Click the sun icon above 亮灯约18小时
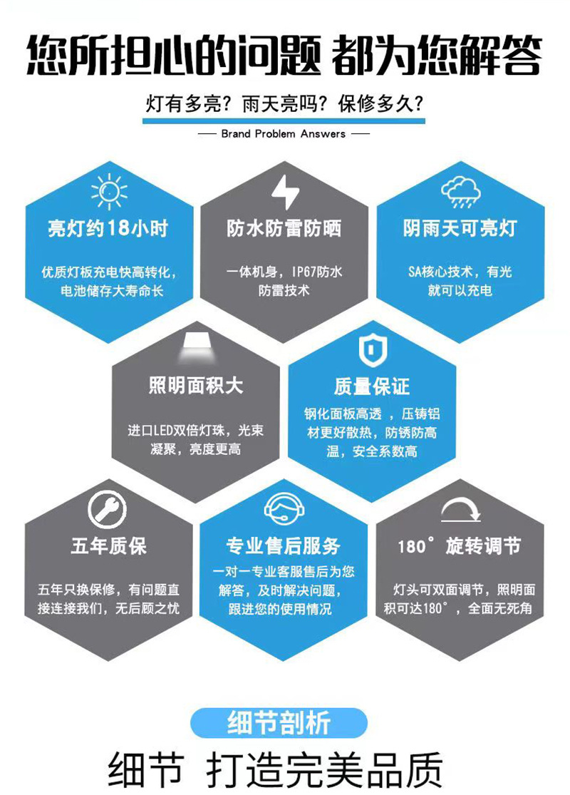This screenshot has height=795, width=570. click(109, 190)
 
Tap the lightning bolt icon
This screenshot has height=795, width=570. click(285, 191)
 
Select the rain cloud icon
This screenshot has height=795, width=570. click(460, 190)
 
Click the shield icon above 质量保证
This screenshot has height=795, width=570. click(371, 349)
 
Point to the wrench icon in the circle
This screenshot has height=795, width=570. click(107, 509)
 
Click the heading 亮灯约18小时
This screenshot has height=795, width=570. click(108, 229)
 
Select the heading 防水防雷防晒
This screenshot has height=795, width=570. click(284, 228)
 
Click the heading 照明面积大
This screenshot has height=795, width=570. click(196, 386)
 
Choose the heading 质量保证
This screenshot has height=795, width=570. click(372, 386)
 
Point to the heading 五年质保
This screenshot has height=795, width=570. click(108, 546)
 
